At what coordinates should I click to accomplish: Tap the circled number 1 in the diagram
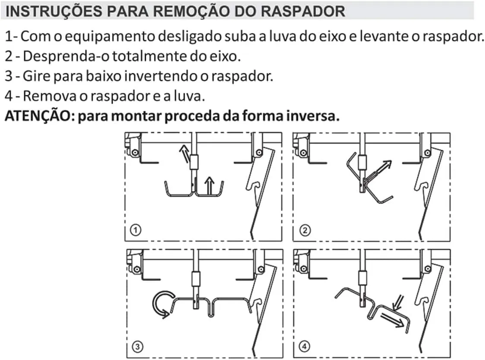(135, 230)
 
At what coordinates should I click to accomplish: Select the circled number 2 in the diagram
(305, 230)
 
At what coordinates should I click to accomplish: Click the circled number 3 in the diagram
(137, 346)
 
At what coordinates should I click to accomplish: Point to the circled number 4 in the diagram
(305, 346)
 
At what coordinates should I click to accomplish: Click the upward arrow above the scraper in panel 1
(210, 186)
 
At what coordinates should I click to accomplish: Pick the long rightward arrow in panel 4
(393, 320)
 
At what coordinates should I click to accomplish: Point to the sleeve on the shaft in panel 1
(194, 162)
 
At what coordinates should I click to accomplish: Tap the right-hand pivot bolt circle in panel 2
(428, 153)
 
